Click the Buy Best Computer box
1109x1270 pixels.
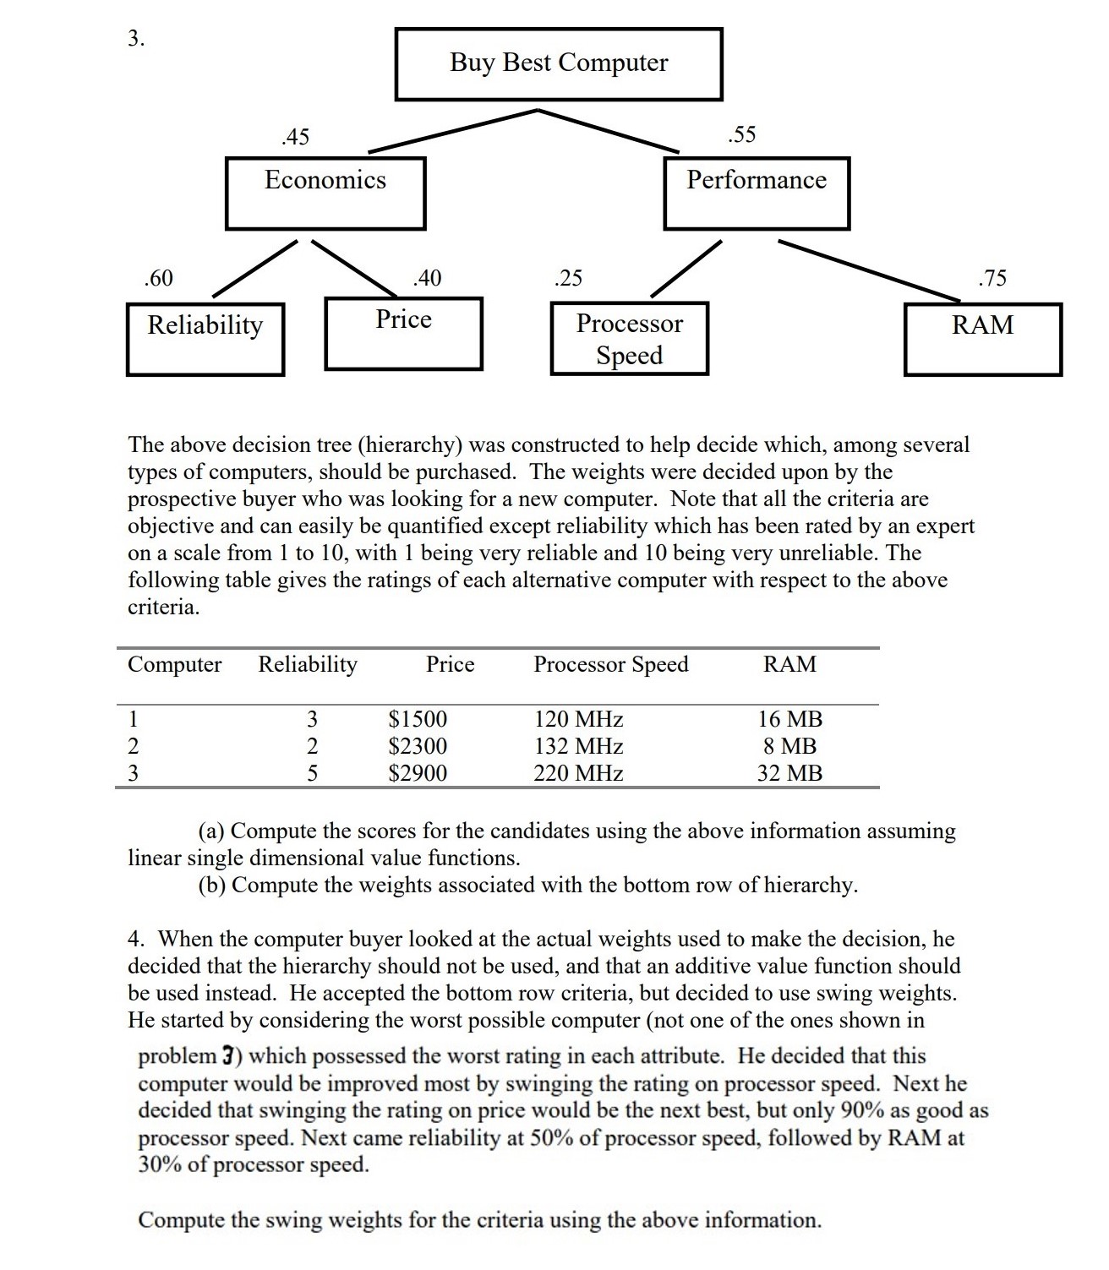tap(559, 63)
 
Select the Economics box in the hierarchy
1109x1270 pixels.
tap(325, 192)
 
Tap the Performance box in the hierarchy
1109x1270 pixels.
tap(757, 192)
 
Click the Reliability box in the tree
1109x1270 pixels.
tap(205, 338)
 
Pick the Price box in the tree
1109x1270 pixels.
tap(403, 332)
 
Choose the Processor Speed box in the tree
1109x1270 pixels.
tap(629, 338)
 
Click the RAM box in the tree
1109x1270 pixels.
tap(982, 338)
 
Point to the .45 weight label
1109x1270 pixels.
tap(295, 136)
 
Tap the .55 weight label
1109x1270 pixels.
tap(741, 134)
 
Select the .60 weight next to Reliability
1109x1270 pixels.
tap(158, 278)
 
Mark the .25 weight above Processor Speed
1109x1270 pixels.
tap(568, 278)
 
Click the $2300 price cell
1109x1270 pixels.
tap(418, 746)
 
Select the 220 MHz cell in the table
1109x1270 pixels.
tap(578, 773)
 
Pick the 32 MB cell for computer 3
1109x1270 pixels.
tap(789, 773)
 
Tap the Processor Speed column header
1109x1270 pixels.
tap(610, 664)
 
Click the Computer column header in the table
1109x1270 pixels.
tap(174, 664)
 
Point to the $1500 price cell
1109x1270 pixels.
tap(418, 719)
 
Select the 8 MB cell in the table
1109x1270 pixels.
tap(789, 746)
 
